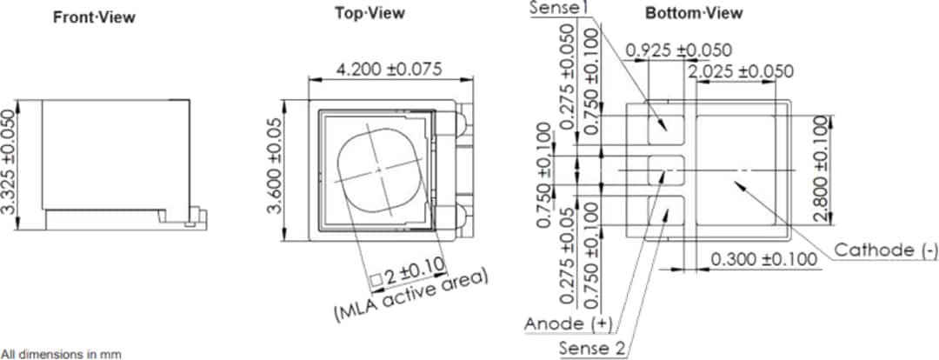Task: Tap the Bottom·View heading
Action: tap(693, 13)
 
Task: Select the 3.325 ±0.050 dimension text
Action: tap(11, 170)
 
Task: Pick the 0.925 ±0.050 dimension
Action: tap(678, 50)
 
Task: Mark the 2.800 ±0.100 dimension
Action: tap(822, 169)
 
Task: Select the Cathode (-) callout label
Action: tap(886, 250)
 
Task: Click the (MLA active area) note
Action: tap(412, 297)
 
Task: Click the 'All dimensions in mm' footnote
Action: tap(61, 354)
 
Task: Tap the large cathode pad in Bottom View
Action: tap(737, 169)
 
